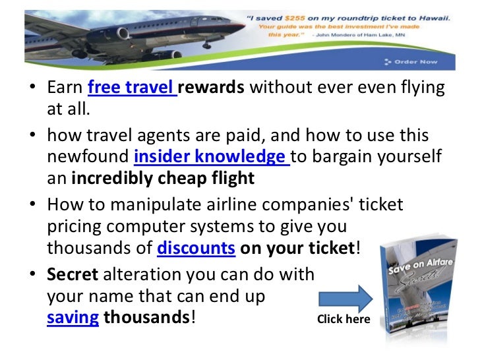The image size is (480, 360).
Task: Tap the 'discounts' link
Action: pos(196,249)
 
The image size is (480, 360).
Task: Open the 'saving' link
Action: pos(73,318)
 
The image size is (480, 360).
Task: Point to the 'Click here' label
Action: pos(344,320)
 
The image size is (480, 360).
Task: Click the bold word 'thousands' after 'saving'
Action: pos(147,318)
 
